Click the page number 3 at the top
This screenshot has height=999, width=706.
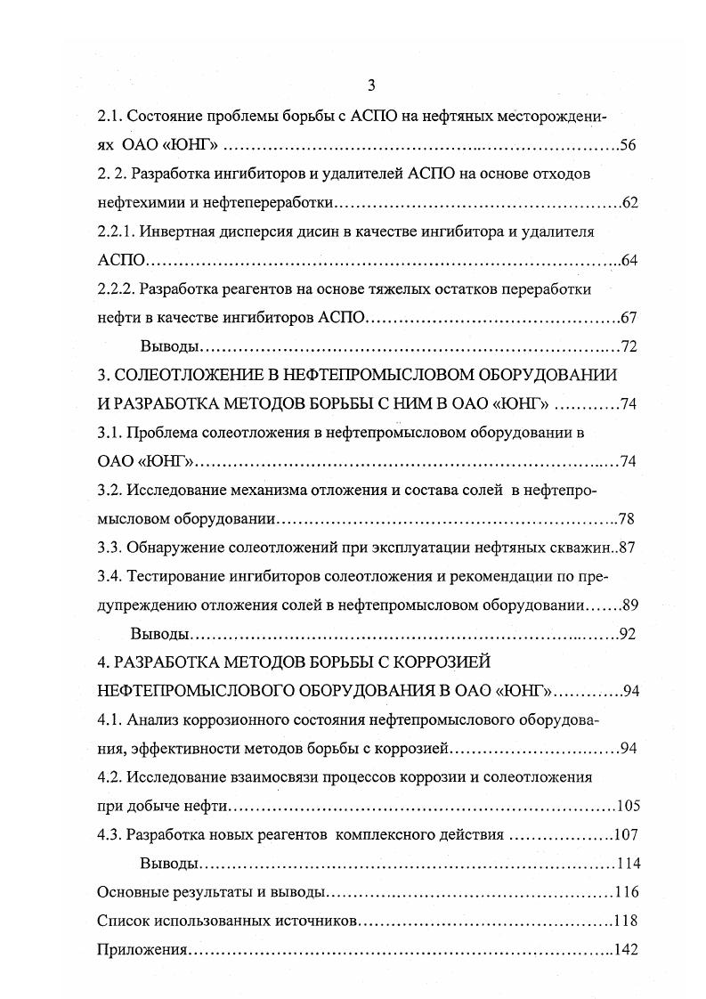371,85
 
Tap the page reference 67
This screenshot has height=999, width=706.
629,318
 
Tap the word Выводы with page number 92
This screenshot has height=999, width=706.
159,635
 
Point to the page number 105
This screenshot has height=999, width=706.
628,807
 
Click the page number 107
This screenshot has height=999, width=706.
628,835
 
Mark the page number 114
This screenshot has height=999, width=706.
628,864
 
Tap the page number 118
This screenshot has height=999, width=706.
628,921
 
